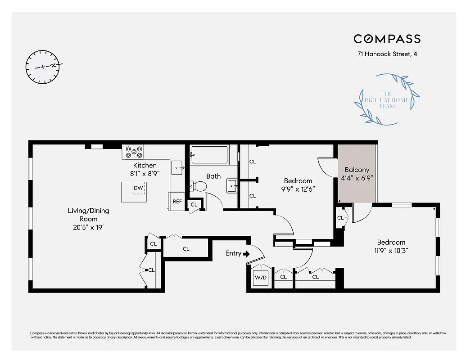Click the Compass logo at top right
click(387, 39)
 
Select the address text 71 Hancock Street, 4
click(387, 54)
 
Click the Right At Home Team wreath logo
click(387, 99)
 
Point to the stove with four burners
click(134, 151)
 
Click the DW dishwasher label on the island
click(139, 188)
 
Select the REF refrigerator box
click(177, 201)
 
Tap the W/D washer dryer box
click(260, 277)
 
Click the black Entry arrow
click(246, 254)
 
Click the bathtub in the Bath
click(210, 154)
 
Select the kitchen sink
click(178, 167)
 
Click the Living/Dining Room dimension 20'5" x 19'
click(88, 227)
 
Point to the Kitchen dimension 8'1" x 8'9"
click(145, 173)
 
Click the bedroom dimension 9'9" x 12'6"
click(298, 189)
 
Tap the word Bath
click(213, 176)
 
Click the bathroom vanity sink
click(232, 185)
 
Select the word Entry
click(233, 253)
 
